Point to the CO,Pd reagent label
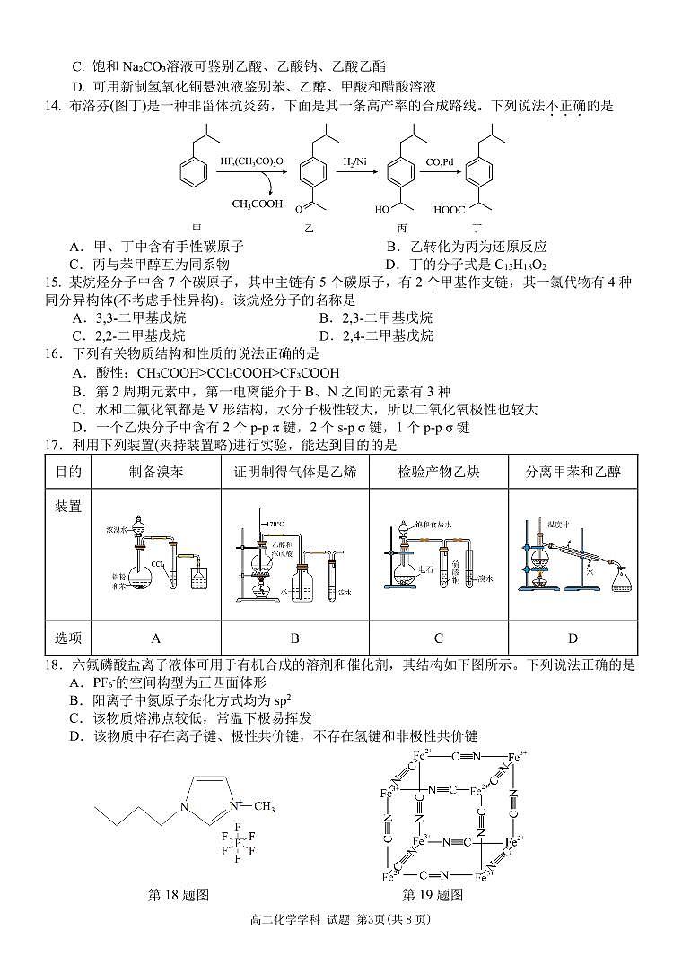(x=439, y=162)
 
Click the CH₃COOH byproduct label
(x=258, y=204)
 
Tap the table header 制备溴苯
(x=156, y=472)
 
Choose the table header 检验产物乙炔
(x=439, y=472)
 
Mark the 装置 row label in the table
(x=68, y=507)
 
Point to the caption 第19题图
(x=433, y=894)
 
